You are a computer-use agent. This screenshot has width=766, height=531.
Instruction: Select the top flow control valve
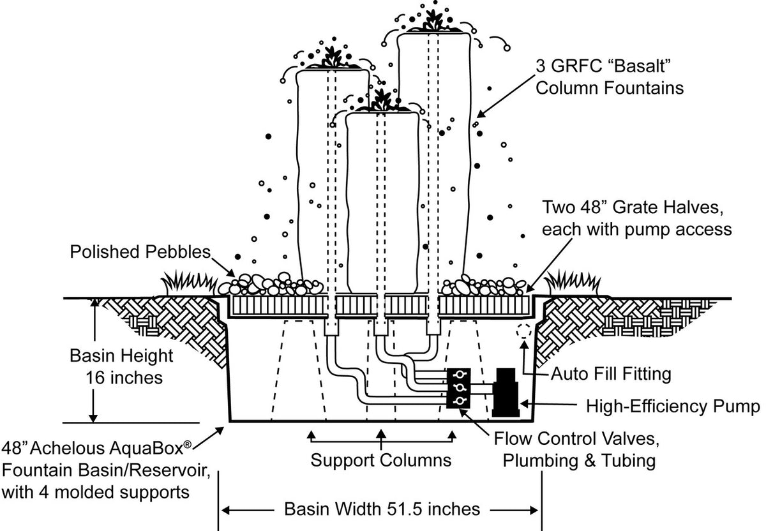[x=459, y=375]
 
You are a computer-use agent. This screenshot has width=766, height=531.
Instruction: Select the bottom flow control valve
[x=459, y=400]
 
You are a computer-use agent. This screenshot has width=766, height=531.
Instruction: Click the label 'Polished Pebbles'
[x=140, y=251]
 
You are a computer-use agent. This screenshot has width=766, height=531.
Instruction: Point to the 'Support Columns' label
[x=381, y=460]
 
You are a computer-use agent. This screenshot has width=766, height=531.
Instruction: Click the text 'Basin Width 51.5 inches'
[x=382, y=509]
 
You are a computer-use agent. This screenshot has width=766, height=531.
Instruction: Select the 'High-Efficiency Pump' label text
[x=673, y=406]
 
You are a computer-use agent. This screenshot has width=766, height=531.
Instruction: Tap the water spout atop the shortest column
[x=382, y=100]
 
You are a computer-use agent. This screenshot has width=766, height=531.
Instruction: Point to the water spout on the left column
[x=332, y=58]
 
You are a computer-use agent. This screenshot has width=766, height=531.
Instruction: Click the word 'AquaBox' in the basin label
[x=151, y=452]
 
